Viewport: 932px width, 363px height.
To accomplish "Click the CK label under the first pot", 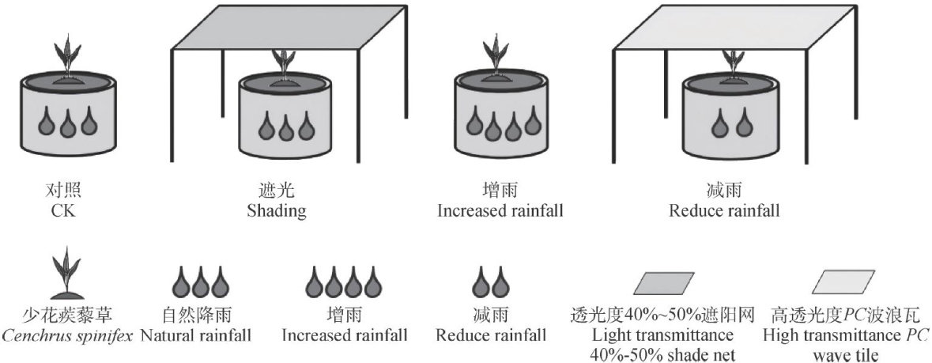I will pyautogui.click(x=63, y=211).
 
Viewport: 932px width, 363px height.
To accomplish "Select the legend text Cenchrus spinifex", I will pyautogui.click(x=65, y=335).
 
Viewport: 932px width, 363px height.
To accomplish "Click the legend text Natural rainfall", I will pyautogui.click(x=196, y=335).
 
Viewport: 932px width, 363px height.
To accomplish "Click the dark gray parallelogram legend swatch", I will pyautogui.click(x=665, y=282).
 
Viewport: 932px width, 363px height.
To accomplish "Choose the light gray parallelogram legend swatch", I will pyautogui.click(x=846, y=282).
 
